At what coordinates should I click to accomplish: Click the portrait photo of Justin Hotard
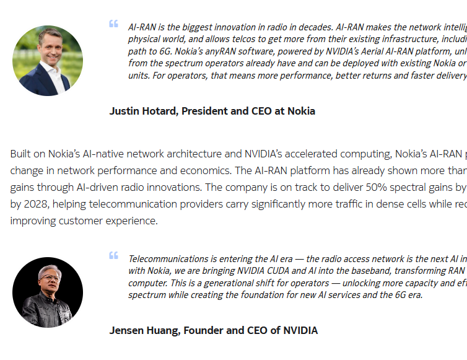48,61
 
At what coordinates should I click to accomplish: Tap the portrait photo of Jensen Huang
48,292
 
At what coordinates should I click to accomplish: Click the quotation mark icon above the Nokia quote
113,24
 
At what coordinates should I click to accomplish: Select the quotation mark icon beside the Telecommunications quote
113,255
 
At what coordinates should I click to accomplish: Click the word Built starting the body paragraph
20,154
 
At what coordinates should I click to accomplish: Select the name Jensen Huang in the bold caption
145,330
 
